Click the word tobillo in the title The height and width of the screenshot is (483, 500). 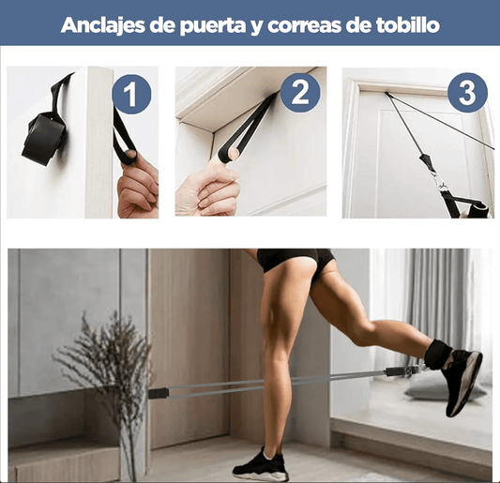pos(405,24)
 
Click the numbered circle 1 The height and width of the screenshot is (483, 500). pos(131,94)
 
